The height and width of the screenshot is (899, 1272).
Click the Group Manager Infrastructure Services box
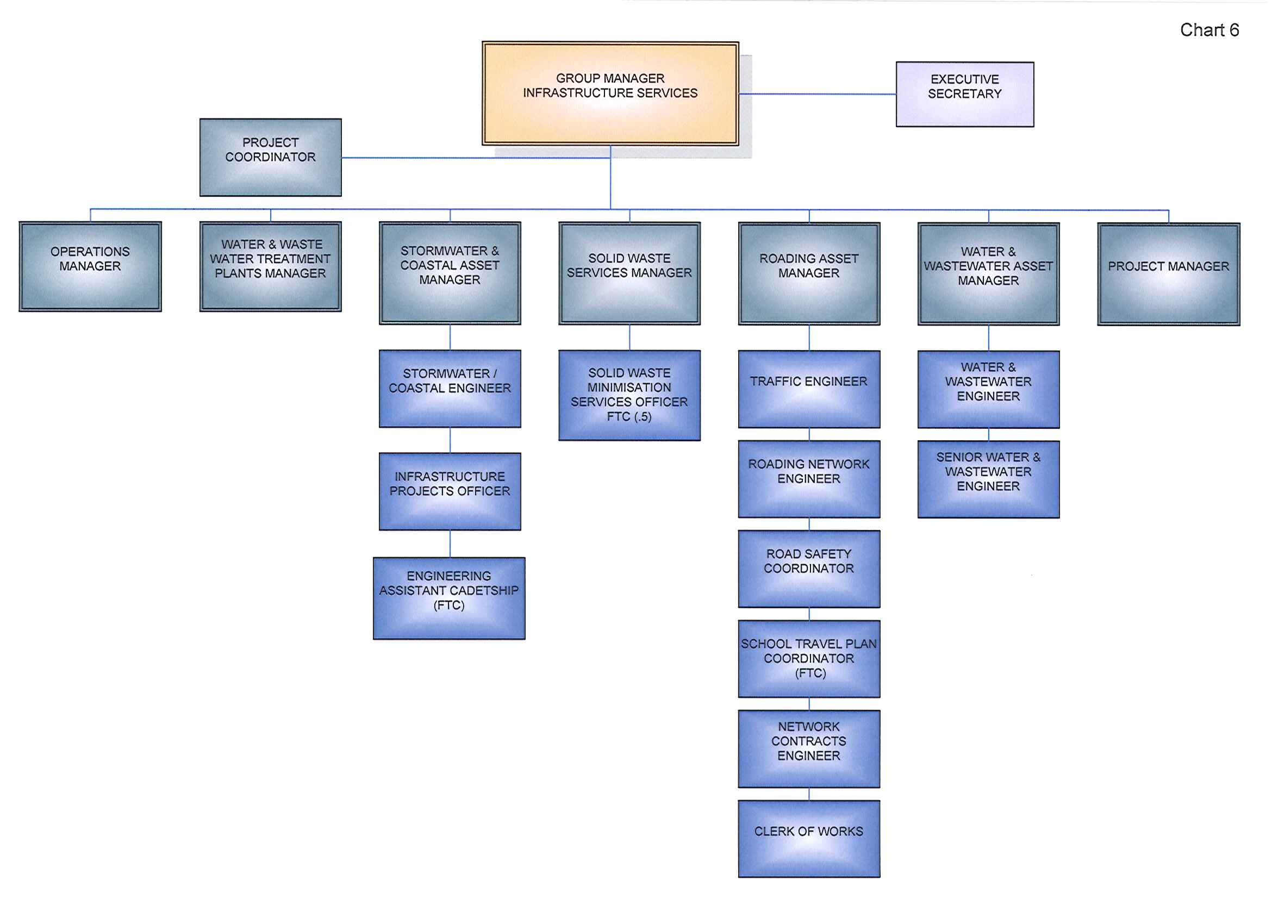610,93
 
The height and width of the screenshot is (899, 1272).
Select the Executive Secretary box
964,94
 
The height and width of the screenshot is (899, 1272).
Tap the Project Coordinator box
270,157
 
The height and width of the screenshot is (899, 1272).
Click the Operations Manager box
90,266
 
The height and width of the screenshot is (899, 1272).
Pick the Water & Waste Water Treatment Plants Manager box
270,266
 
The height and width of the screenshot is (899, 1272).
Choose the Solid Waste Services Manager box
629,273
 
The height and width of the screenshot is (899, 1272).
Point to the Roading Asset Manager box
809,273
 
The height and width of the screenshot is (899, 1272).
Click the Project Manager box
1168,274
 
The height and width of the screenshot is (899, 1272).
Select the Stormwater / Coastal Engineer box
450,389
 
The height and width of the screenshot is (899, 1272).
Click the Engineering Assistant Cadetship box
450,598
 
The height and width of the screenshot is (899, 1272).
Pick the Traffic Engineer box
809,389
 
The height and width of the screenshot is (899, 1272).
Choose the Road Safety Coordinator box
809,569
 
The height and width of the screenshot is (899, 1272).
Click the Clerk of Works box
809,839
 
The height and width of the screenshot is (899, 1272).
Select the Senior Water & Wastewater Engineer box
988,479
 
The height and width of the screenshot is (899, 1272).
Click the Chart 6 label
1209,30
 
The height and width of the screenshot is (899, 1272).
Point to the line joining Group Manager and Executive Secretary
817,94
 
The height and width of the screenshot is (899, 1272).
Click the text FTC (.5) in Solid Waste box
629,416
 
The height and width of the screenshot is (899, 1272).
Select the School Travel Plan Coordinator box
809,659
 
